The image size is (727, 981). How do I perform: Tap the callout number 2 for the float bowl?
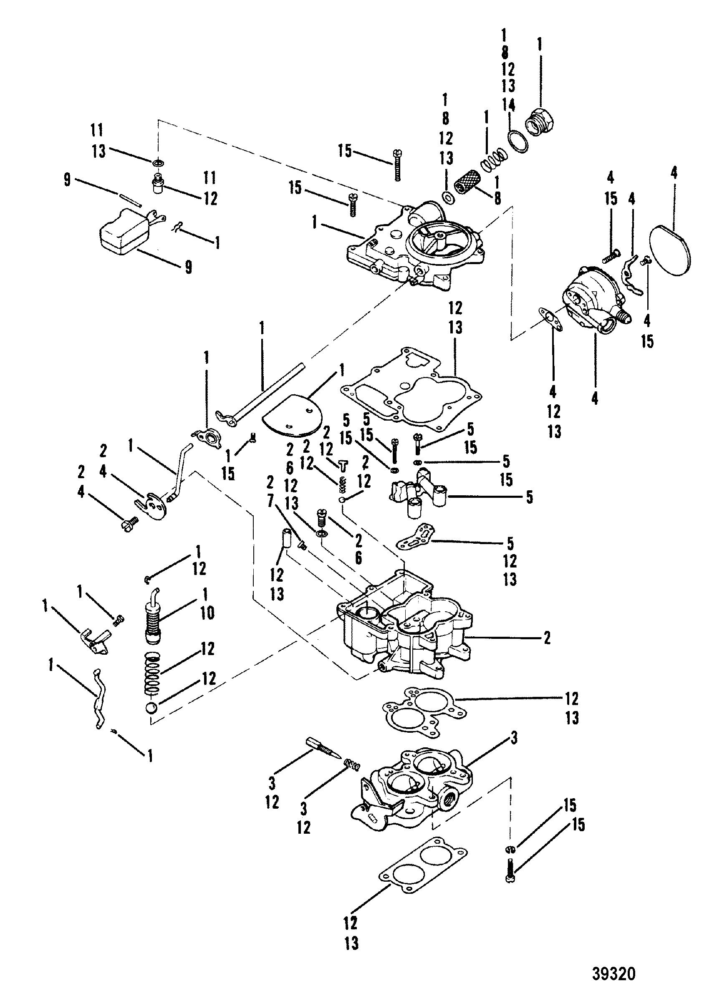pyautogui.click(x=547, y=638)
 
